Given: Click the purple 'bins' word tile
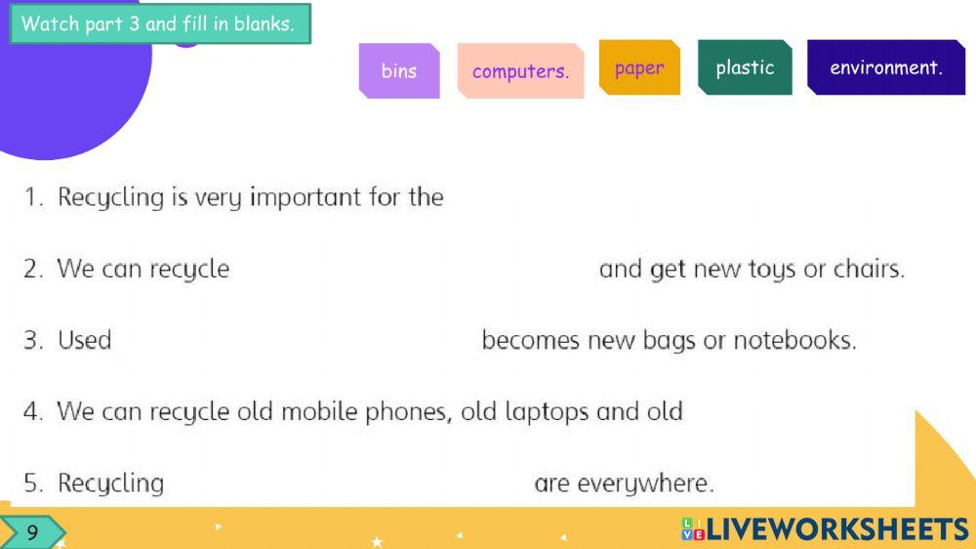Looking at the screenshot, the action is point(399,70).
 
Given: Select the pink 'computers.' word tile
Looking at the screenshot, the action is point(520,70).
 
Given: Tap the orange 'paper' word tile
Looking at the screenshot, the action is point(639,67).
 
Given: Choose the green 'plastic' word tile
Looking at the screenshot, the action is point(745,67).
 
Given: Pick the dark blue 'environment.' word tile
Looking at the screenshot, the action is point(886,67).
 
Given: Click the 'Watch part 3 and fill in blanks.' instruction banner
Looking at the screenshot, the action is point(160,23).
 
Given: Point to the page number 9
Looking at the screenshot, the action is point(32,532).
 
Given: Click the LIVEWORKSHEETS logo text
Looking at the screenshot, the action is point(837,529).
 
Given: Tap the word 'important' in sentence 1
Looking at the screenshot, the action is point(305,197).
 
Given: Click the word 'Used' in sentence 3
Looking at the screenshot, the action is point(85,340).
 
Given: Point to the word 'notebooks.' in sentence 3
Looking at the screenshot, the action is point(794,340).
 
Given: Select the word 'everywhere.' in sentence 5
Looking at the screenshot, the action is point(645,484).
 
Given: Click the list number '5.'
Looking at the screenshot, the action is point(33,484).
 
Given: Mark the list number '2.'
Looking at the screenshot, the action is point(33,270).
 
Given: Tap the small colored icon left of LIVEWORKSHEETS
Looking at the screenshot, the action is point(693,529).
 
